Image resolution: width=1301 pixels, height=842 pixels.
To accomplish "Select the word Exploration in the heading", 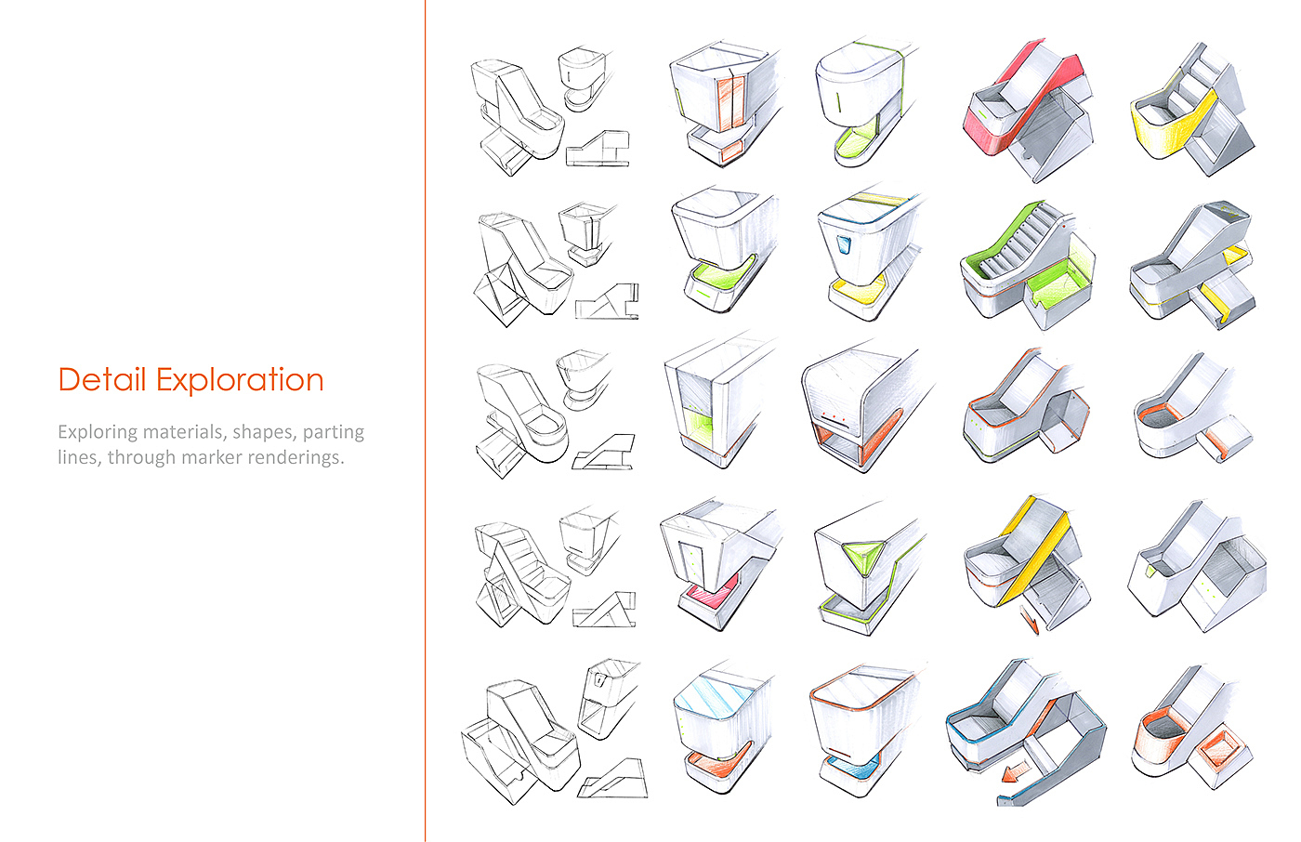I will click(x=239, y=380).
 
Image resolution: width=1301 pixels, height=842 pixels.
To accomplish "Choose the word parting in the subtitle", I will click(x=333, y=432).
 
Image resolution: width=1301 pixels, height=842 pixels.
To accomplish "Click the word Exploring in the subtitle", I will click(x=94, y=432).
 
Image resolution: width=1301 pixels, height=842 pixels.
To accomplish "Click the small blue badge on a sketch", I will click(x=844, y=244).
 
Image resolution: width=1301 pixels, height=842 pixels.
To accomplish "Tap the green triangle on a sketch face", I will click(x=862, y=555).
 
